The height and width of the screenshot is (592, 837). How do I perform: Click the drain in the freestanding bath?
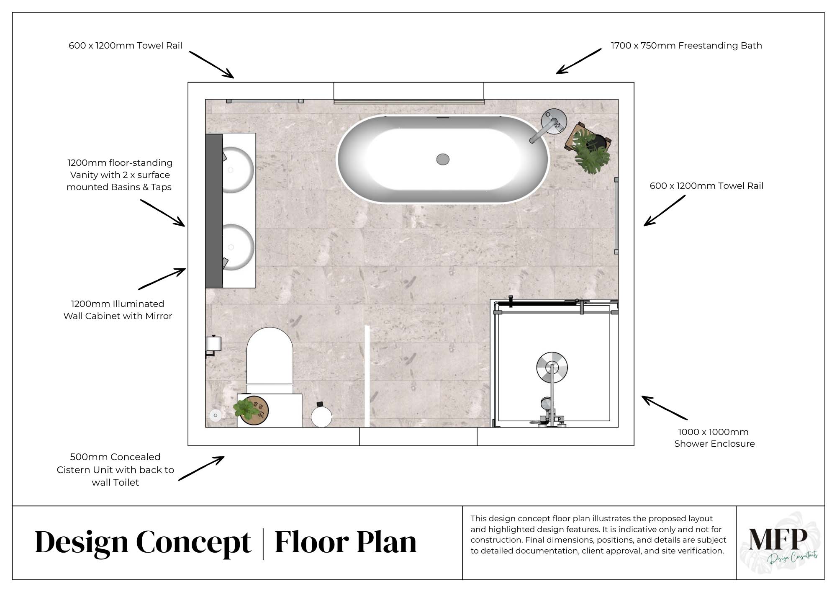pos(443,159)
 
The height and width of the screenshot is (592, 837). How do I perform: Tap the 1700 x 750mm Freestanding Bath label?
pos(686,46)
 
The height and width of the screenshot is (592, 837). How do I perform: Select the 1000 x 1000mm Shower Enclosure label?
pos(714,438)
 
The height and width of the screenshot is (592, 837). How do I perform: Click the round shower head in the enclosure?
pos(552,367)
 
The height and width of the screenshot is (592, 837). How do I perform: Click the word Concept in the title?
pos(193,543)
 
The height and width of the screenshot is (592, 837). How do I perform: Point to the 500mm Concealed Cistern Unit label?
pos(115,469)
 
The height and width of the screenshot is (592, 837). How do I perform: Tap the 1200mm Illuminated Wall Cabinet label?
pos(118,310)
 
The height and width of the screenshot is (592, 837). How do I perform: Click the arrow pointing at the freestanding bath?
pos(578,61)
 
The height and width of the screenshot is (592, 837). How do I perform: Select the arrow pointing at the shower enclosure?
pos(665,407)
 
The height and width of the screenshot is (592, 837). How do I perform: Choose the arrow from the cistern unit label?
pos(201,468)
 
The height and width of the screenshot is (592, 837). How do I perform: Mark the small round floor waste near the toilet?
pos(216,415)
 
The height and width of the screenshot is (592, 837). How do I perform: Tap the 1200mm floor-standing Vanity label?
pos(119,175)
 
